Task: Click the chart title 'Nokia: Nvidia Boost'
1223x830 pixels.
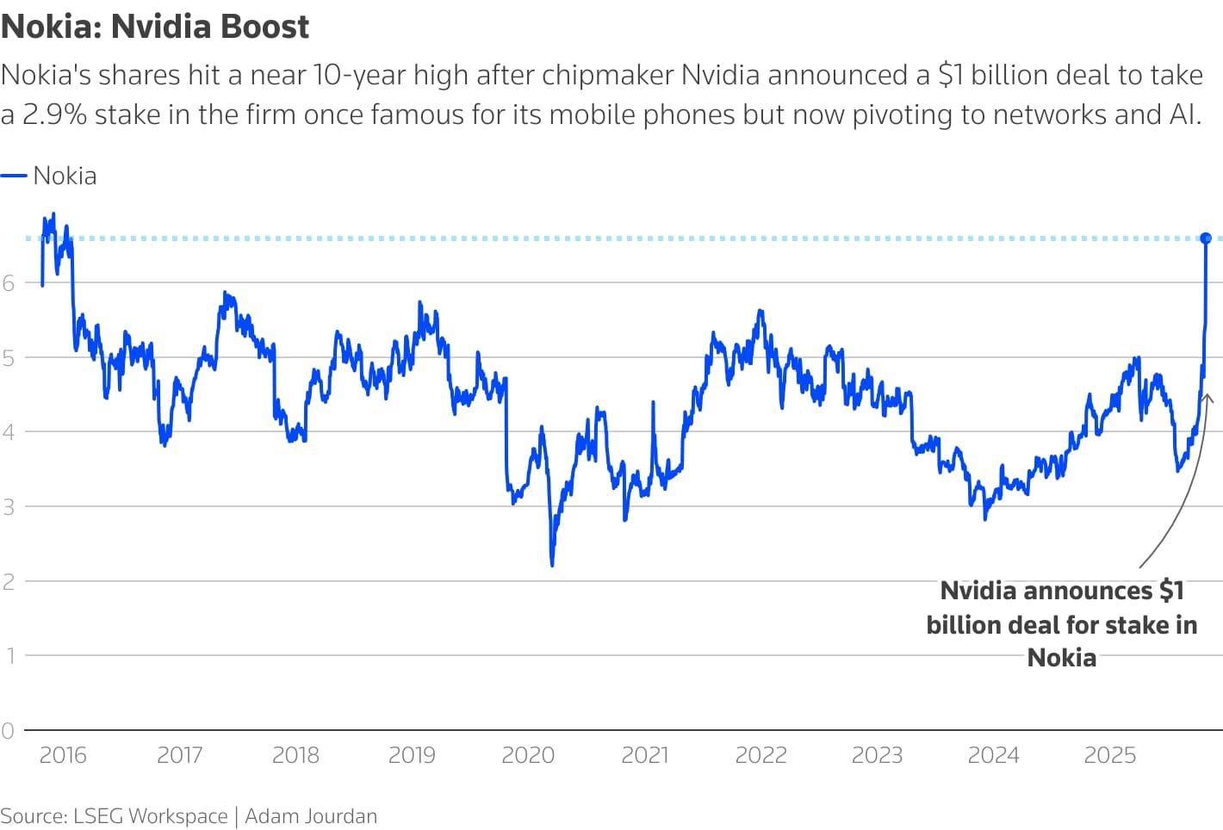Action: (155, 27)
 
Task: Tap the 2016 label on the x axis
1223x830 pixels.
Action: (63, 755)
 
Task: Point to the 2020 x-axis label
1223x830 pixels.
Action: (528, 755)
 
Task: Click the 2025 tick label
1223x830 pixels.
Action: (1109, 755)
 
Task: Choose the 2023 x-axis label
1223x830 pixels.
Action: (877, 755)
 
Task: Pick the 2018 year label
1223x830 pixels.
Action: (295, 755)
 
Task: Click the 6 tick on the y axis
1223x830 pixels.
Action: (9, 282)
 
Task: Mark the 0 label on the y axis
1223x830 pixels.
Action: (9, 731)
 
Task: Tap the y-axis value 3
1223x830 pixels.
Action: (9, 507)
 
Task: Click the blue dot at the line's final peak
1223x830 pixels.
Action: (1206, 238)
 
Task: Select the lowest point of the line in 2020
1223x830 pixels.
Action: (552, 564)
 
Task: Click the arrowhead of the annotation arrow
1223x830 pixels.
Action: (1207, 397)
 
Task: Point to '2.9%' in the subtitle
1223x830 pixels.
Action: (54, 115)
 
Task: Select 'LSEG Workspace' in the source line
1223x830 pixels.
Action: (151, 816)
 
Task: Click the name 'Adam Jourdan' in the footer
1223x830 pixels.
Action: (311, 816)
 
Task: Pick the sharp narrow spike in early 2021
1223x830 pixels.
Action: (653, 403)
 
